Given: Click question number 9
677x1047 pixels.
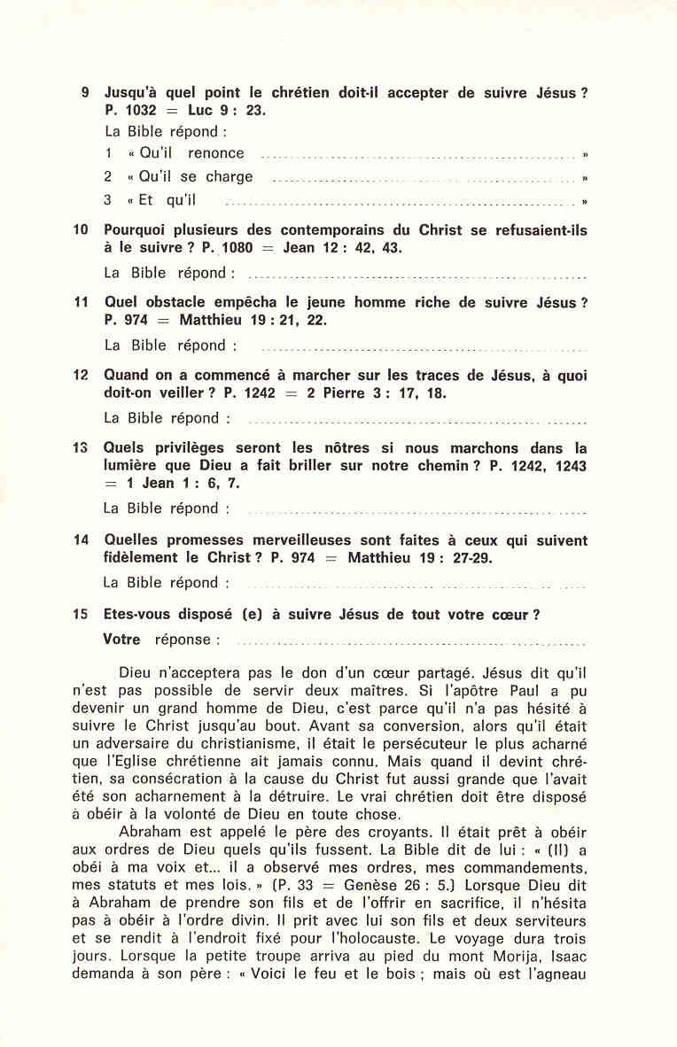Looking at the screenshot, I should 84,92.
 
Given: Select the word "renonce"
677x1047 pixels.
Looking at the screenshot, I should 216,153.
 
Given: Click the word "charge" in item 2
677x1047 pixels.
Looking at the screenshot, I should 230,176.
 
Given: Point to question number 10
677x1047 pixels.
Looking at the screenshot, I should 82,230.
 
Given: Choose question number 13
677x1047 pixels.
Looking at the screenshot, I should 82,448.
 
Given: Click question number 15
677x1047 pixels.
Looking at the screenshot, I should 82,614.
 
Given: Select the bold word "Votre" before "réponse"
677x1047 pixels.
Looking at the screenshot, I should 122,639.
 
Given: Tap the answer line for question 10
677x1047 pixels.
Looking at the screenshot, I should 416,275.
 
